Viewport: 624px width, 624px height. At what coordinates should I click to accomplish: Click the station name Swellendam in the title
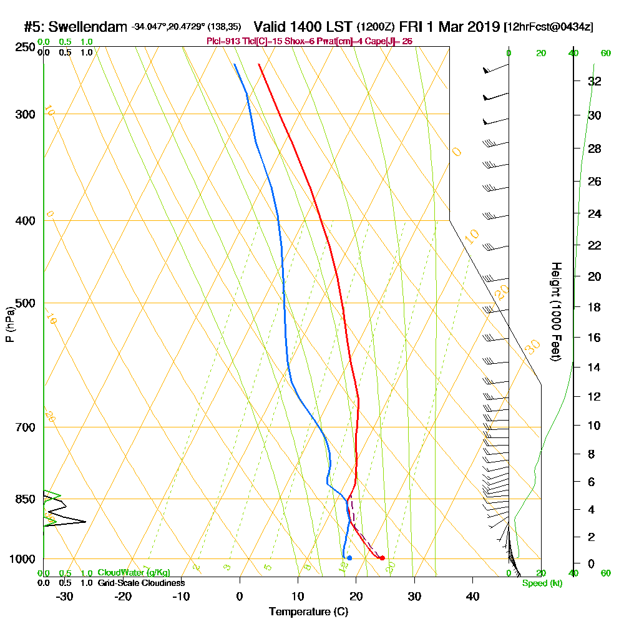(87, 27)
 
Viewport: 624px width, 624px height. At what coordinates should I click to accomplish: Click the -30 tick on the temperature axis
(64, 596)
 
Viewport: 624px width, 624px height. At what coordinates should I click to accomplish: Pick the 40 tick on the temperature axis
(472, 596)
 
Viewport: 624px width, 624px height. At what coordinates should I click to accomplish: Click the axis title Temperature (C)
(308, 612)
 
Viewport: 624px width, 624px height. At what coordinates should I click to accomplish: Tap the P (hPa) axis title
(9, 324)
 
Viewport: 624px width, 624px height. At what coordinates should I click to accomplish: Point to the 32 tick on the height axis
(594, 81)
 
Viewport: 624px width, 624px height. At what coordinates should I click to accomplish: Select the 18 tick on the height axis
(594, 307)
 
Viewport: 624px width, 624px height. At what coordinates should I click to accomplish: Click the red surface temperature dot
(382, 558)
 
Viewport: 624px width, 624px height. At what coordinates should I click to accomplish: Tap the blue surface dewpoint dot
(349, 558)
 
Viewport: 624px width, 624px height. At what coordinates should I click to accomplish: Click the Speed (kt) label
(540, 583)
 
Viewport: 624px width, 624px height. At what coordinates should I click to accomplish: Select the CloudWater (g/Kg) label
(134, 573)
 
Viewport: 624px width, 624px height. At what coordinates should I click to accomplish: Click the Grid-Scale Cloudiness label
(141, 583)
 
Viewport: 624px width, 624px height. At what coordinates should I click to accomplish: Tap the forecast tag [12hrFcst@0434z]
(549, 27)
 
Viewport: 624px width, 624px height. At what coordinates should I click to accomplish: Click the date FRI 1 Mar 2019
(451, 27)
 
